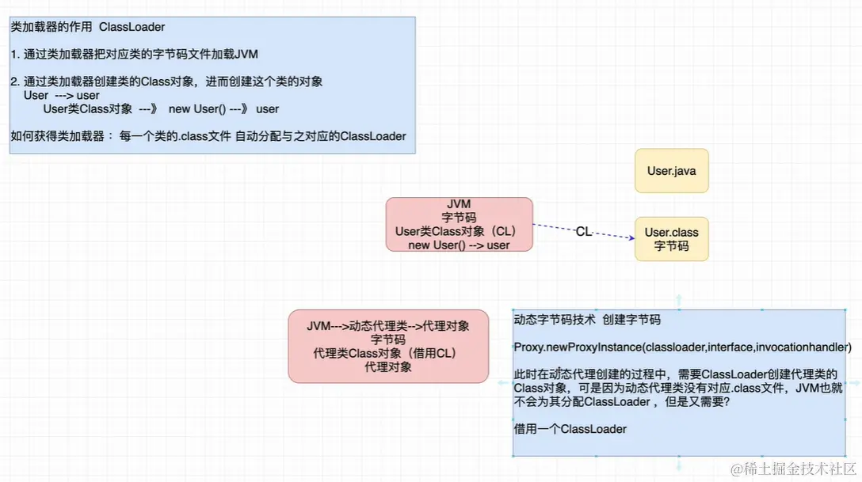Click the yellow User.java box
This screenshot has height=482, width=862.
coord(671,170)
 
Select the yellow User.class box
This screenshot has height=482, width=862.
coord(671,239)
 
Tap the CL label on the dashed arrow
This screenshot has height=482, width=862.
coord(584,232)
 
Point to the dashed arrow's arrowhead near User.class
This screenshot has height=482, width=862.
coord(631,237)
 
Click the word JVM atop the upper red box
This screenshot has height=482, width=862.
coord(459,204)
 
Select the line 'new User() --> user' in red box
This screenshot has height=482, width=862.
coord(459,245)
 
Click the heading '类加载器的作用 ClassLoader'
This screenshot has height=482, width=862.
coord(88,27)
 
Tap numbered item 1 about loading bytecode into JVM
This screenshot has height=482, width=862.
coord(135,55)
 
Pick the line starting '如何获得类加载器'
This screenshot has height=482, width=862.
coord(208,136)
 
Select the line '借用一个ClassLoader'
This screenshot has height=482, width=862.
coord(570,429)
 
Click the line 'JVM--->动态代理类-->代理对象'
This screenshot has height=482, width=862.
coord(388,326)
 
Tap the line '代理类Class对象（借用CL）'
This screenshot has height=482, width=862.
coord(388,353)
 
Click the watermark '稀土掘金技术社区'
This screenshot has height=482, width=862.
coord(792,469)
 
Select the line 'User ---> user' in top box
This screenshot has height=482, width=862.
coord(62,95)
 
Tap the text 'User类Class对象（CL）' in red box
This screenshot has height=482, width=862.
coord(456,232)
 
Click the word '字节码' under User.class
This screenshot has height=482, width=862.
coord(671,246)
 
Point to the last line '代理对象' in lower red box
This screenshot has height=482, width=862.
coord(388,366)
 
